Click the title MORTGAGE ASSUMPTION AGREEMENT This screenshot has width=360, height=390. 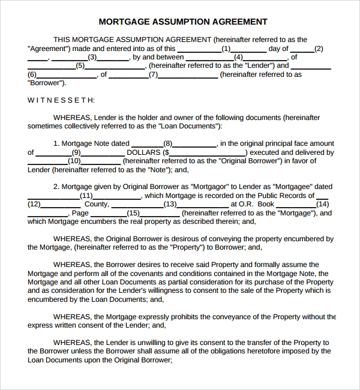pyautogui.click(x=182, y=22)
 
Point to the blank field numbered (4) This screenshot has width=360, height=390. pyautogui.click(x=238, y=58)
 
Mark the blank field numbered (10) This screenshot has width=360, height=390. pyautogui.click(x=74, y=161)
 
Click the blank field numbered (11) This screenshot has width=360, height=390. pyautogui.click(x=86, y=196)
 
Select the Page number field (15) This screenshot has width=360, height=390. pyautogui.click(x=133, y=213)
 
